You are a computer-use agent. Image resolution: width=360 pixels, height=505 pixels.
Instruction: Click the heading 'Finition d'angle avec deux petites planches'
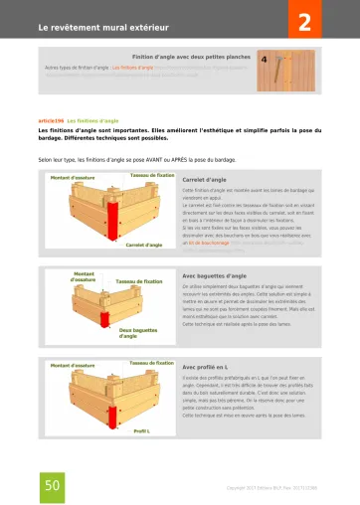(191, 57)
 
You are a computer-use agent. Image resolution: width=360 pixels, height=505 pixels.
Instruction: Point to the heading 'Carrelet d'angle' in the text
(205, 180)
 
